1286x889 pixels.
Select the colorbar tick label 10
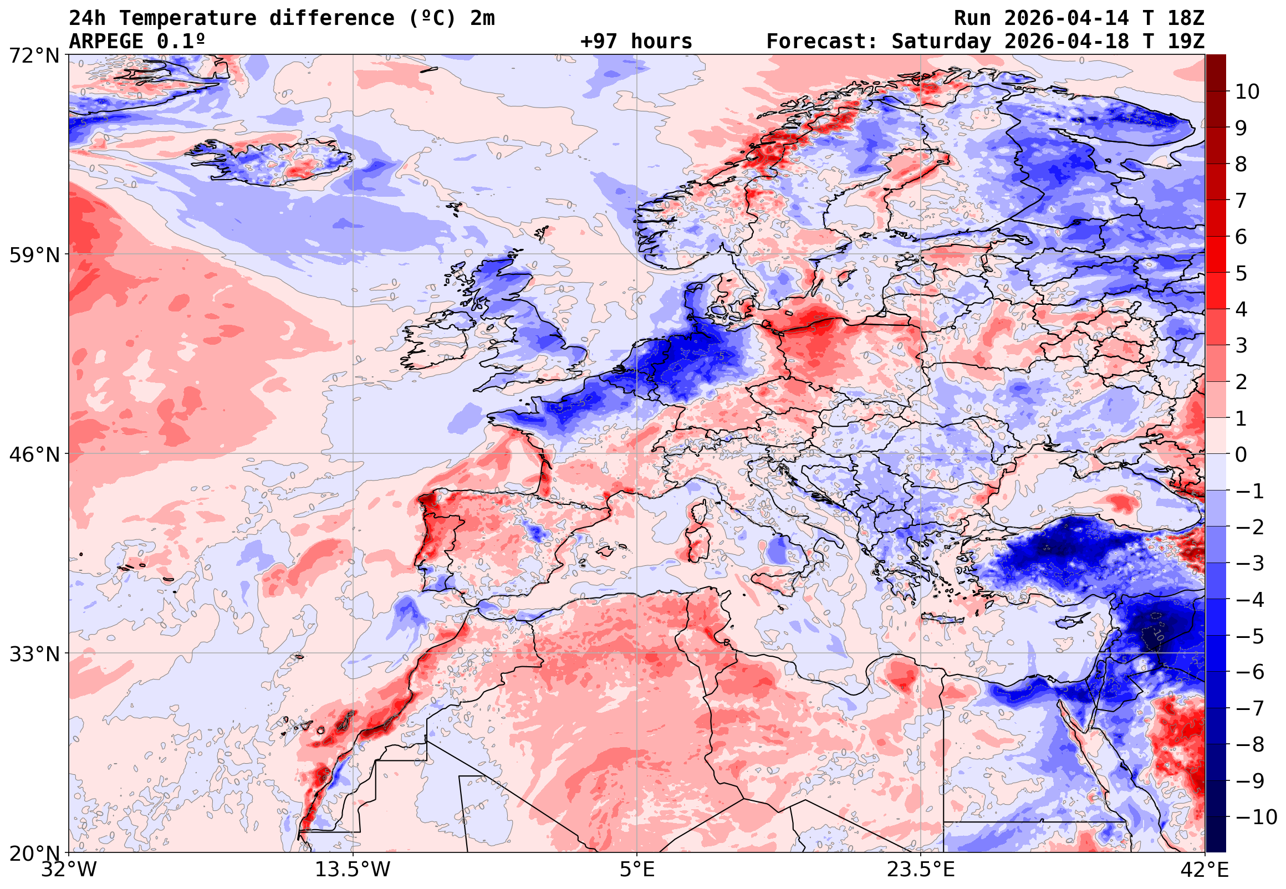[x=1247, y=92]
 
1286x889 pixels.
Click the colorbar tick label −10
[x=1256, y=818]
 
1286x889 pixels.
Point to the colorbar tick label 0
[x=1241, y=455]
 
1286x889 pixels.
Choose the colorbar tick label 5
[x=1241, y=274]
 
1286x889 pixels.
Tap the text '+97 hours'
[x=636, y=42]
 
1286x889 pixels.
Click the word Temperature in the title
[x=188, y=18]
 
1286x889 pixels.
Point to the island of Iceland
[x=273, y=161]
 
